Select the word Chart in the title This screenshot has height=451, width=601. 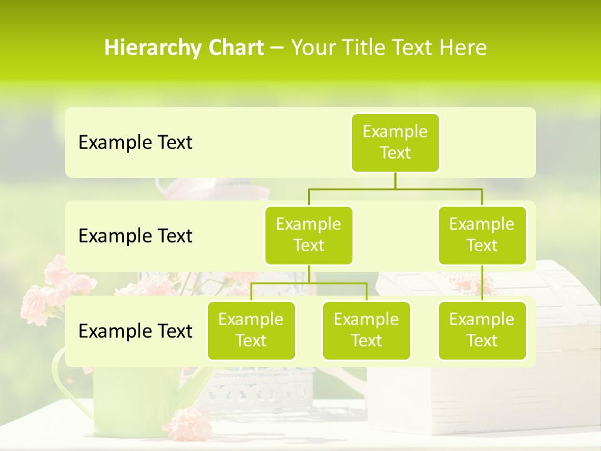click(233, 48)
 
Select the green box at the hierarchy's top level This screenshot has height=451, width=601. click(395, 142)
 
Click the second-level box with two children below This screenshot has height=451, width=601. click(309, 235)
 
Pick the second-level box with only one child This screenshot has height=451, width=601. click(482, 235)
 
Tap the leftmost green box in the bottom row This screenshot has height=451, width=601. click(251, 330)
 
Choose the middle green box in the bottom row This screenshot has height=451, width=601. click(366, 330)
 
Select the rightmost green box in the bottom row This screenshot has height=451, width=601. click(482, 330)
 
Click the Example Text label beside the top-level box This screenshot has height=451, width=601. click(135, 143)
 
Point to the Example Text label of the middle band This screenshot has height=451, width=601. click(135, 236)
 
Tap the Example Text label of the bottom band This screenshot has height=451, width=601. click(135, 331)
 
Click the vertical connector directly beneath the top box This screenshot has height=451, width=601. click(395, 180)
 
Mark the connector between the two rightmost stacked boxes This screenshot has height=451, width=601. click(482, 283)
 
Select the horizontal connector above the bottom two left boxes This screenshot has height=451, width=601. click(309, 283)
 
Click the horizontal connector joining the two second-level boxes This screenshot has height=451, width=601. click(395, 189)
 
